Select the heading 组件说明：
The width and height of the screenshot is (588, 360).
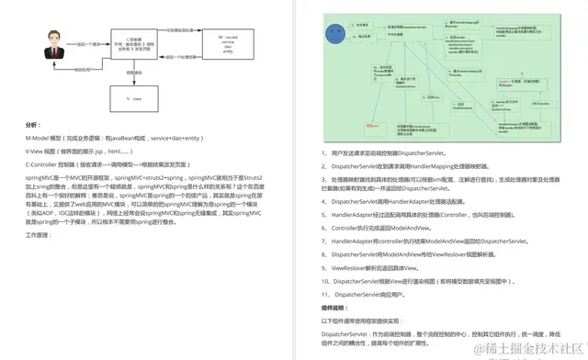[336, 307]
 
